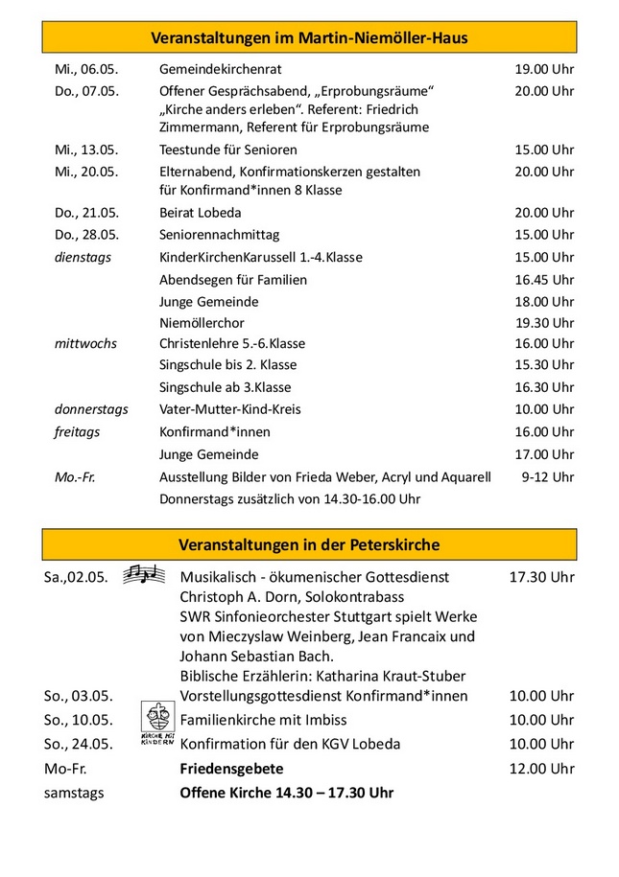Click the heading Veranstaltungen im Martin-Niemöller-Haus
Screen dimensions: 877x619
click(309, 37)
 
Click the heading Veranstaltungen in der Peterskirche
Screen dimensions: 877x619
click(309, 544)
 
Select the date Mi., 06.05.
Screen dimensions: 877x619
click(86, 69)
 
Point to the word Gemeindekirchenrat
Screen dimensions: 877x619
click(221, 69)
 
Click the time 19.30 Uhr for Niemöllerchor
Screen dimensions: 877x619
click(544, 323)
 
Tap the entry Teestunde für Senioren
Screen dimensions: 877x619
click(228, 150)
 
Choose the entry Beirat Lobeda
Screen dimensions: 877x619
click(200, 213)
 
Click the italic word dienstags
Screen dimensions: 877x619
click(83, 257)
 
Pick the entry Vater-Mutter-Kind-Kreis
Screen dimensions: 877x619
click(230, 409)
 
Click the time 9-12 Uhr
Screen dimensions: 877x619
click(549, 476)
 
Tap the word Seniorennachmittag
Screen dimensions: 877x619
click(219, 235)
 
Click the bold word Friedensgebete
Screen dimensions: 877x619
click(231, 769)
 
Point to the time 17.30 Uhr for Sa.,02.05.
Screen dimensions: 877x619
click(541, 577)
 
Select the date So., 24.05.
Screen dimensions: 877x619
click(79, 744)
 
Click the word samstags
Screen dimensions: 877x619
click(74, 794)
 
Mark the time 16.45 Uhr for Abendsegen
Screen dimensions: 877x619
click(544, 280)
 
